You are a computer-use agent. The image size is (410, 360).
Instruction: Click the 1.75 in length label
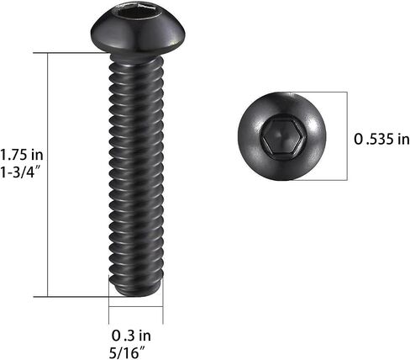click(x=22, y=155)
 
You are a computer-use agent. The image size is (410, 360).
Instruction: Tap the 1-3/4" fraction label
click(x=21, y=172)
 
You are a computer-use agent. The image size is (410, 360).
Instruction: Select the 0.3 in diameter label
click(x=131, y=336)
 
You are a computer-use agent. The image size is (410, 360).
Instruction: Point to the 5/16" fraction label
click(x=128, y=352)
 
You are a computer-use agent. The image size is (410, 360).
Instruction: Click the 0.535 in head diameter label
click(x=381, y=139)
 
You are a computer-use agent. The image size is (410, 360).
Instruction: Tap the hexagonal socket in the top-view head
click(x=283, y=137)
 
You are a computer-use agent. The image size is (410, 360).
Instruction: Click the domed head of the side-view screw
click(x=138, y=30)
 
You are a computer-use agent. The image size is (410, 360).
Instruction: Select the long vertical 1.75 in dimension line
click(x=48, y=174)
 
